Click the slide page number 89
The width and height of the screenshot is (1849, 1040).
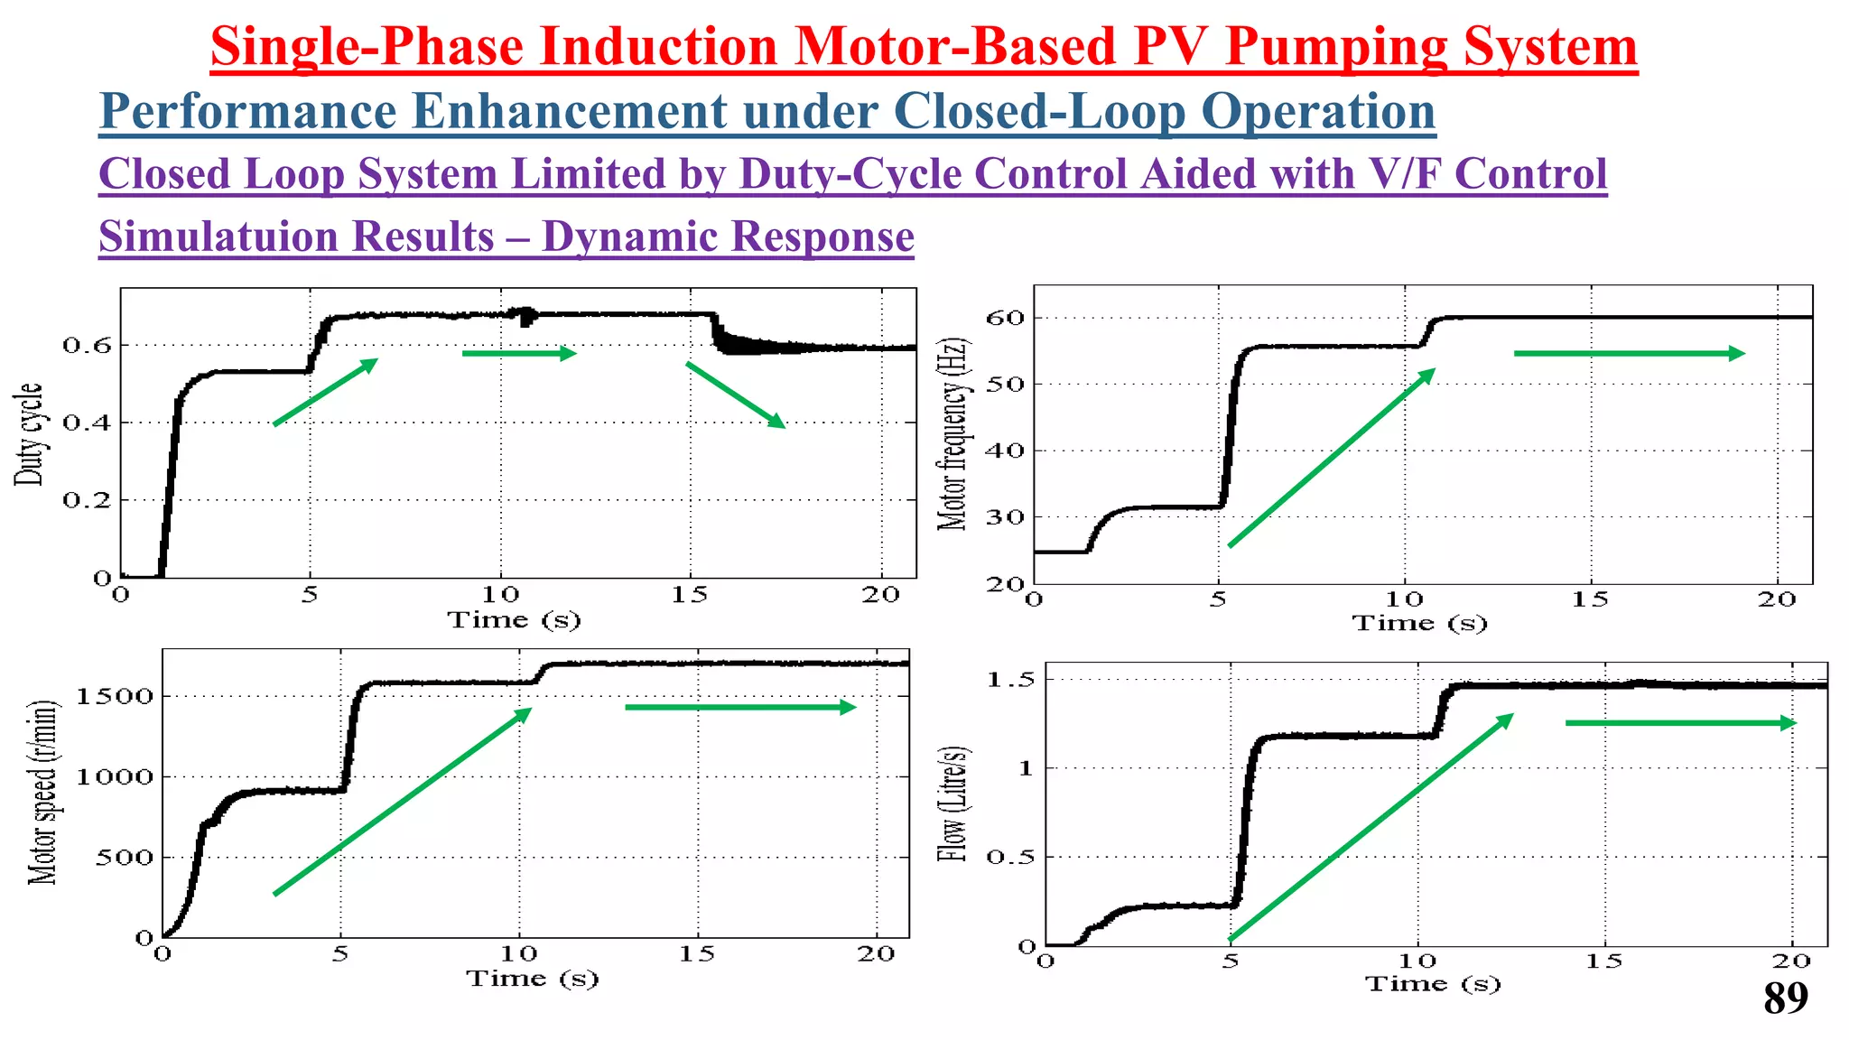pyautogui.click(x=1785, y=998)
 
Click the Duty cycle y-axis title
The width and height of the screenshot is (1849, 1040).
pyautogui.click(x=29, y=434)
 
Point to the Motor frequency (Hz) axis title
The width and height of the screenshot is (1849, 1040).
pyautogui.click(x=952, y=434)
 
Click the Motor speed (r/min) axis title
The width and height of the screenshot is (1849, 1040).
pyautogui.click(x=42, y=793)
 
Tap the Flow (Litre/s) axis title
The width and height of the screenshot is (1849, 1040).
pyautogui.click(x=953, y=804)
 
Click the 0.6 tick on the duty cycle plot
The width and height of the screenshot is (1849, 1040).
pyautogui.click(x=87, y=346)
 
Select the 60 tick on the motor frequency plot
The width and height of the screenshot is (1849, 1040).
pyautogui.click(x=1005, y=318)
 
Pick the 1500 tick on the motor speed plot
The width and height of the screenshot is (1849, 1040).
pyautogui.click(x=114, y=696)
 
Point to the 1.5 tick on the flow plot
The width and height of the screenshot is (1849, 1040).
pyautogui.click(x=1010, y=680)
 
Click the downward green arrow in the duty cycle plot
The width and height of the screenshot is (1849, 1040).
pyautogui.click(x=735, y=395)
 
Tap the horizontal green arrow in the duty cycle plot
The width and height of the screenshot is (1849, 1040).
pyautogui.click(x=518, y=353)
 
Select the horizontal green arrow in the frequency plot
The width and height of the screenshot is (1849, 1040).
pyautogui.click(x=1629, y=353)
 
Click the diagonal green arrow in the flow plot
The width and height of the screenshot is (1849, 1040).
pyautogui.click(x=1370, y=827)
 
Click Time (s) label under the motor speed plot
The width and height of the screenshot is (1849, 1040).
pyautogui.click(x=532, y=979)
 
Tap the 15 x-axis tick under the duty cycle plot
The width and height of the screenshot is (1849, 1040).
pyautogui.click(x=689, y=595)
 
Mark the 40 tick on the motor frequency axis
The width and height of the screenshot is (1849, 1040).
pyautogui.click(x=1005, y=450)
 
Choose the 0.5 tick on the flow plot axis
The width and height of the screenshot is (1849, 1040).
pyautogui.click(x=1010, y=857)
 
